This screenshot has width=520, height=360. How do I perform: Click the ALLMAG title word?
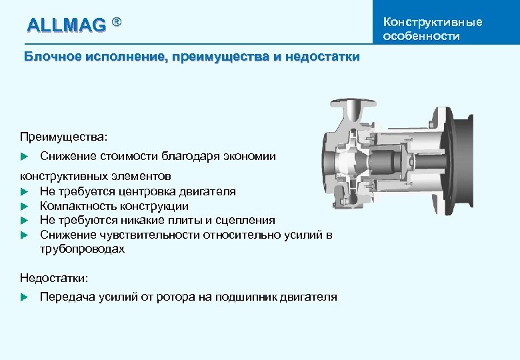(66, 25)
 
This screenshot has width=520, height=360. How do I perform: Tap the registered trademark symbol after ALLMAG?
(117, 23)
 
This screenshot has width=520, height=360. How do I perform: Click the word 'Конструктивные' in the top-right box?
(433, 22)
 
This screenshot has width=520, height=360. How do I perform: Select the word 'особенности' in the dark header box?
(421, 36)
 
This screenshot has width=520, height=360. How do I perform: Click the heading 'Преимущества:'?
(63, 136)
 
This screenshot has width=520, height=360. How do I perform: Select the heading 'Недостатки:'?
(54, 277)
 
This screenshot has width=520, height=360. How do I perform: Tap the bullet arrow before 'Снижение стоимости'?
(24, 157)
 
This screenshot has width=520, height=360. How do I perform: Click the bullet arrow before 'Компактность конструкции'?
(24, 206)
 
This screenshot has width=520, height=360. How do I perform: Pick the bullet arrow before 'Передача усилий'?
(24, 297)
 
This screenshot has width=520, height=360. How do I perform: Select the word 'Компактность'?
(79, 206)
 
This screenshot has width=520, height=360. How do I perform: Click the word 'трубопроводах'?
(82, 249)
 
